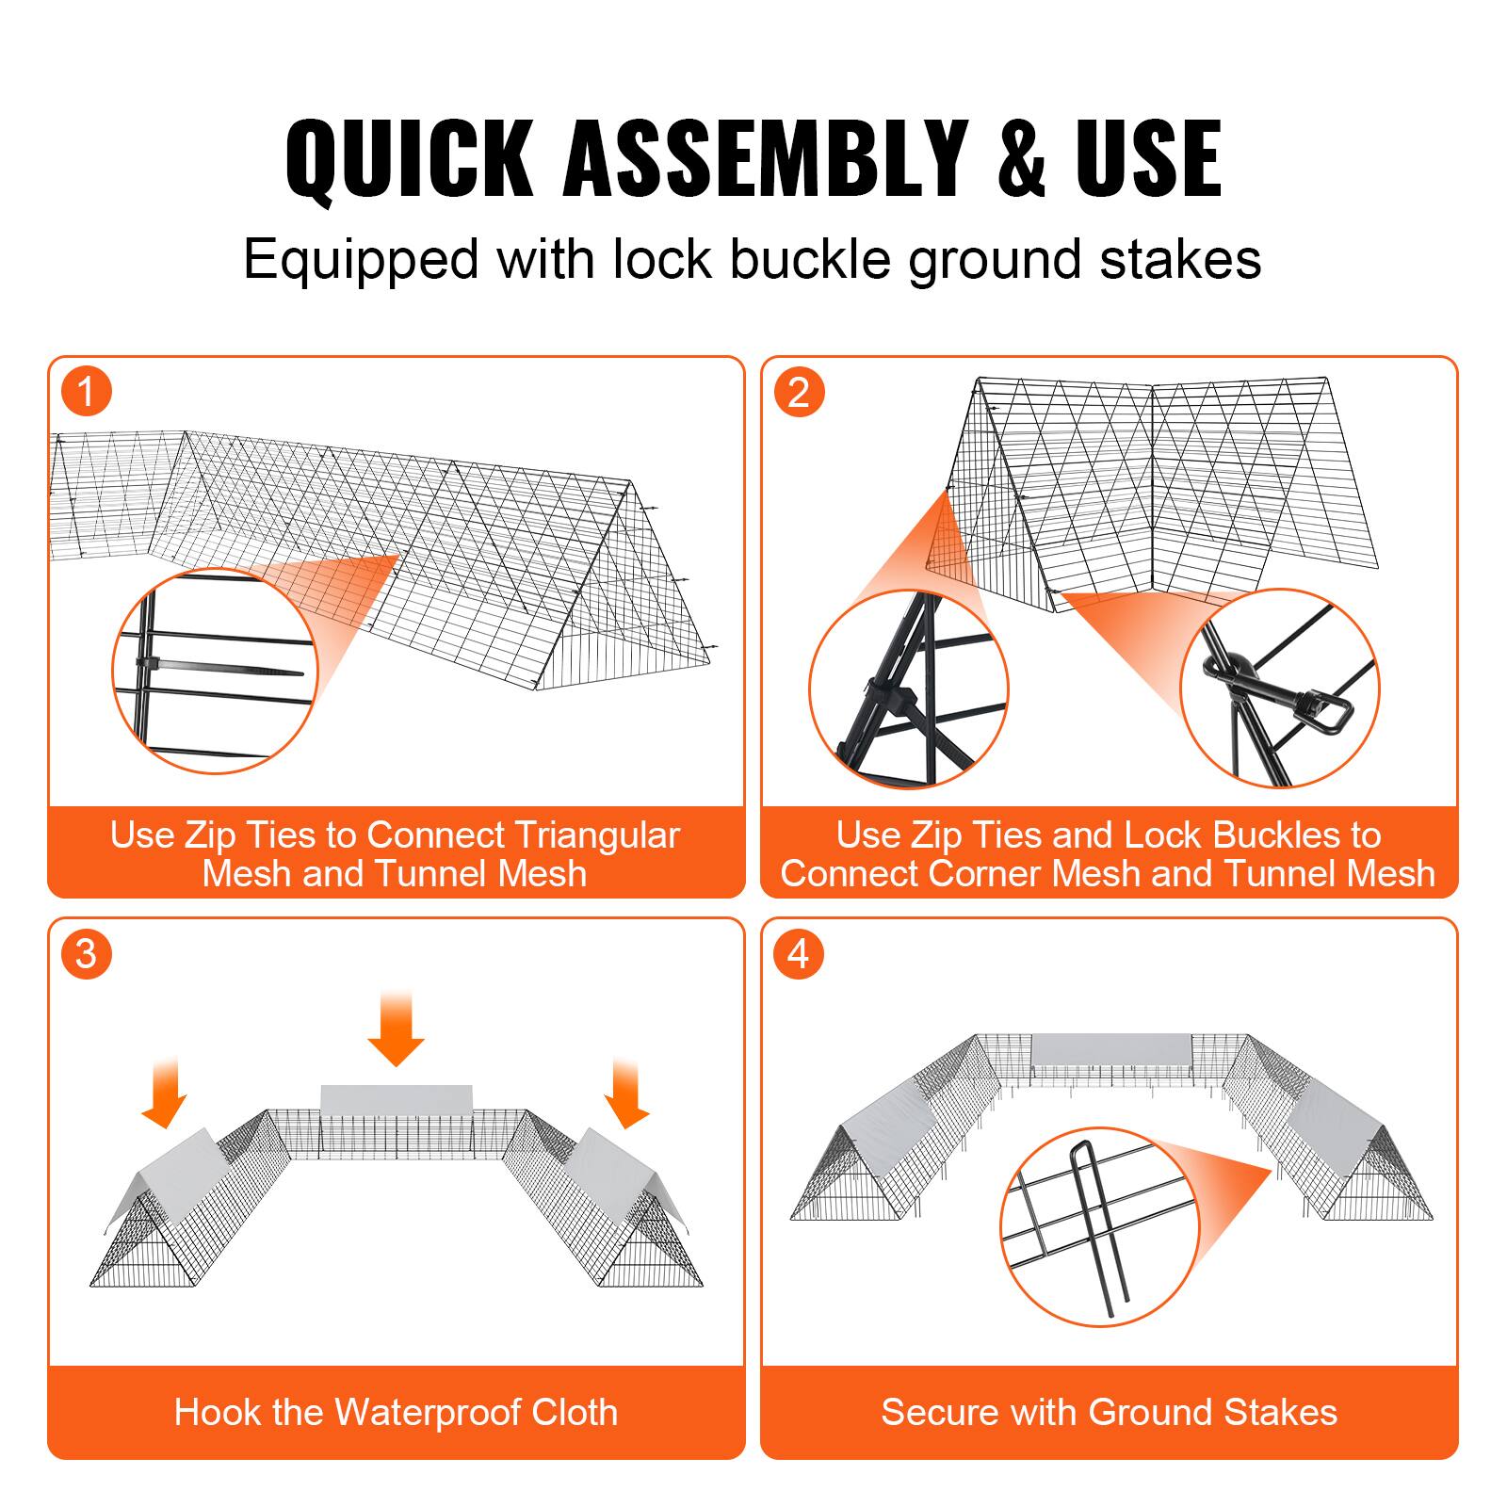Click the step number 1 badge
tap(87, 392)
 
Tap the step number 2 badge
tap(799, 392)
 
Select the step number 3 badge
tap(87, 954)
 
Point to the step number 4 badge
tap(799, 954)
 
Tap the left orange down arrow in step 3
tap(165, 1093)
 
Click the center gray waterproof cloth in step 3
tap(396, 1100)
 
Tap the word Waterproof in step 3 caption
tap(429, 1413)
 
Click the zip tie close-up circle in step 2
tap(908, 689)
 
